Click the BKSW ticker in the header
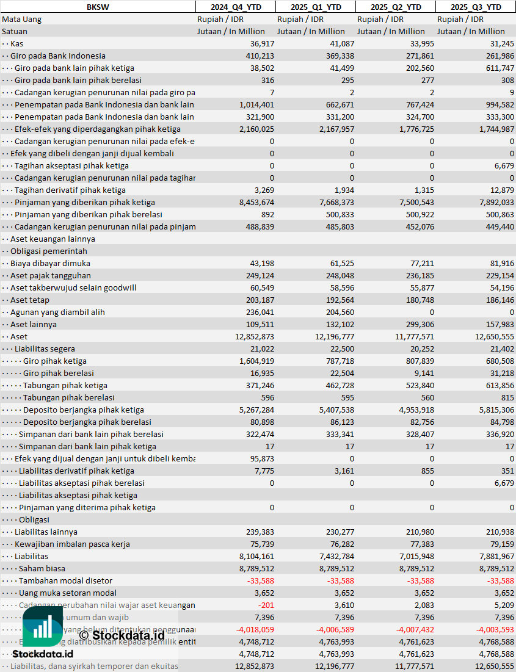pos(98,7)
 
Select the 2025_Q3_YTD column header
pos(476,7)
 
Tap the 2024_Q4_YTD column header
pos(235,7)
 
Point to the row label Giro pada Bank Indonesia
pos(57,56)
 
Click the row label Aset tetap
pos(30,300)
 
